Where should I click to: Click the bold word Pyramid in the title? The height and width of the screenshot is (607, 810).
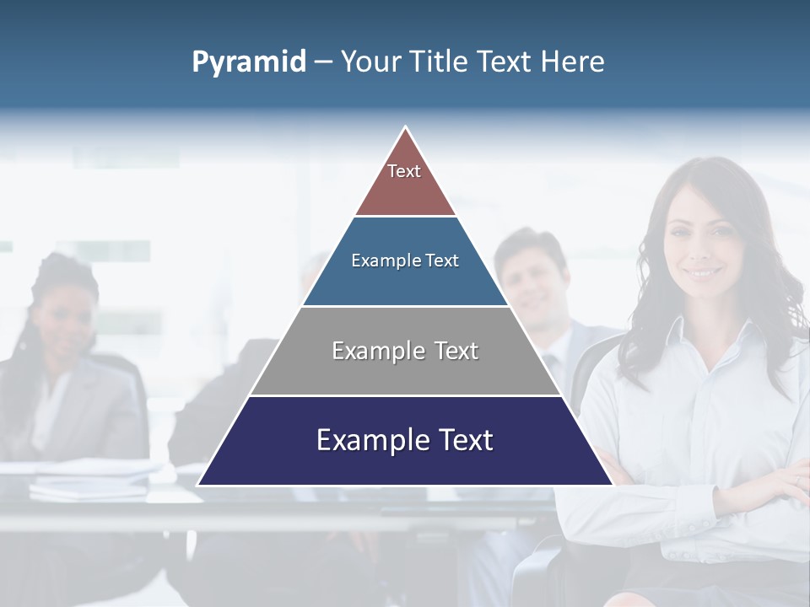coord(248,62)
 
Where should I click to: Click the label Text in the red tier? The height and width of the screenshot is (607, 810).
coord(404,171)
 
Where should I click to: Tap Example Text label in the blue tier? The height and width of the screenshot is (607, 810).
coord(405,261)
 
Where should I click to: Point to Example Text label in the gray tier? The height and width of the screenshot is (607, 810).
coord(405,351)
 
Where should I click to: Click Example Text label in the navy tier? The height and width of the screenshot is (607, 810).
coord(405,440)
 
